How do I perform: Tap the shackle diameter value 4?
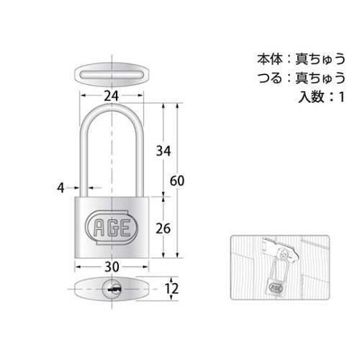(60, 188)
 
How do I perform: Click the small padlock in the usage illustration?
(275, 284)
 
